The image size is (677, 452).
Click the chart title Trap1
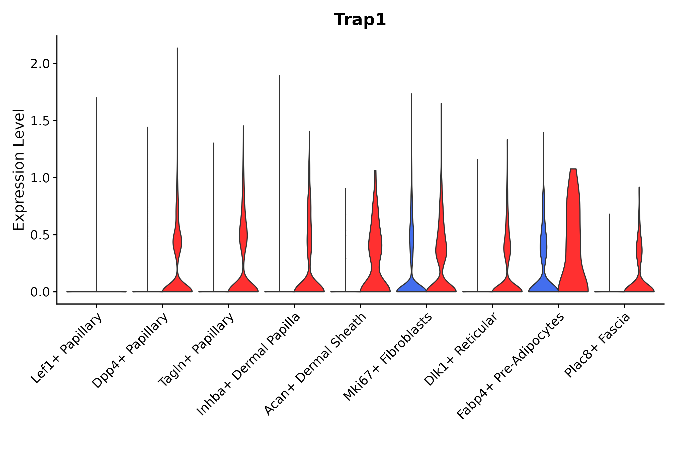(360, 20)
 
